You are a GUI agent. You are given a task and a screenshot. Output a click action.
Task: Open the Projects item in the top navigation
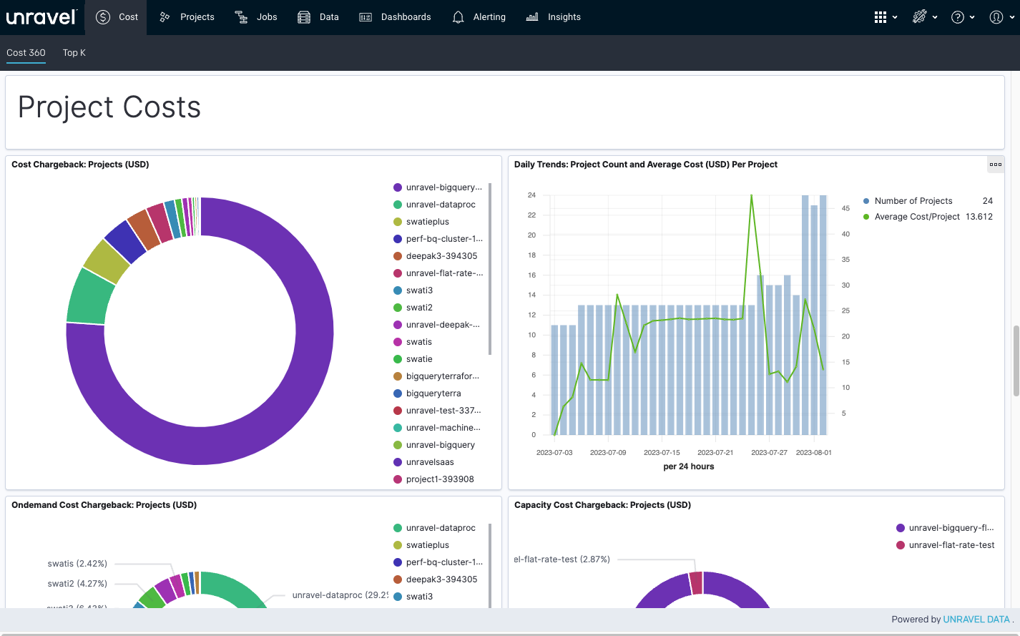(x=187, y=17)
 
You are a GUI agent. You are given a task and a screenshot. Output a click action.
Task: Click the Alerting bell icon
(x=458, y=17)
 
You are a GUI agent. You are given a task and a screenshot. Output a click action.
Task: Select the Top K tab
(x=74, y=53)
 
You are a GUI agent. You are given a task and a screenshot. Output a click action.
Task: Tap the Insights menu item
(x=553, y=17)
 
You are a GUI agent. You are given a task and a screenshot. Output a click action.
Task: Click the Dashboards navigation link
(x=395, y=17)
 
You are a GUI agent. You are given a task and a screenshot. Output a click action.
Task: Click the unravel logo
(x=41, y=17)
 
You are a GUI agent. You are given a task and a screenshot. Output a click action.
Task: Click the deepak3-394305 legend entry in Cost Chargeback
(x=436, y=256)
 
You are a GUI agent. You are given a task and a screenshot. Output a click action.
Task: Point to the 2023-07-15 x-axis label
(x=662, y=452)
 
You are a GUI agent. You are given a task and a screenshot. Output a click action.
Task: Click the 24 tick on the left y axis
(x=531, y=195)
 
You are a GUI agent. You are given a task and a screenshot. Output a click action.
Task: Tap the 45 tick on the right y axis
(x=845, y=208)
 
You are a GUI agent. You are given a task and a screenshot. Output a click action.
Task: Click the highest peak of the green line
(x=751, y=195)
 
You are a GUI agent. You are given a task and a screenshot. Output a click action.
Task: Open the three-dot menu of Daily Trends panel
(x=996, y=165)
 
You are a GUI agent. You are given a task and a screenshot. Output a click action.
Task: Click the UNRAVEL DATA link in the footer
(x=976, y=619)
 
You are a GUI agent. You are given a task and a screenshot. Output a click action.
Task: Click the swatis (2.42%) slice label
(x=77, y=564)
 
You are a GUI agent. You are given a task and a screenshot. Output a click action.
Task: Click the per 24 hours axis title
(x=689, y=466)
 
